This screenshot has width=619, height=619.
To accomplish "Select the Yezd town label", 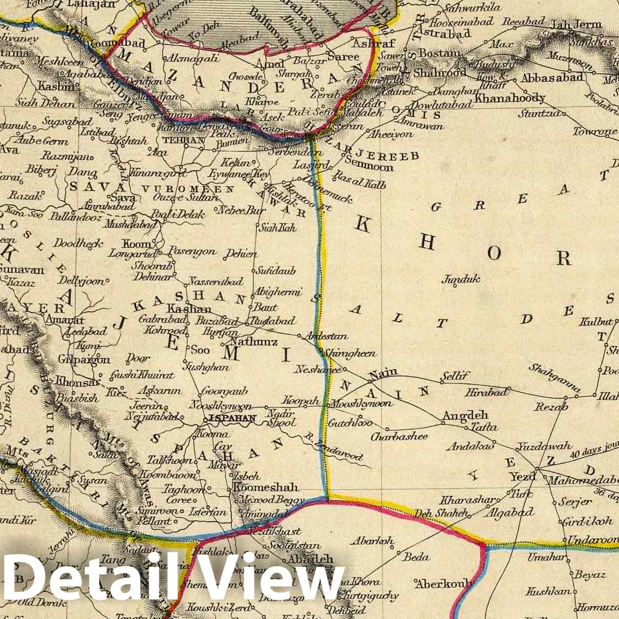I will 522,477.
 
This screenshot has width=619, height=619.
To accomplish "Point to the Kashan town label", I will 189,309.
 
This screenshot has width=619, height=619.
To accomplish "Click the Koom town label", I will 136,244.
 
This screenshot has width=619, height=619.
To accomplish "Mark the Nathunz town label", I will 254,341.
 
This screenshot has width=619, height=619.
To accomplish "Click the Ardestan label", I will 326,336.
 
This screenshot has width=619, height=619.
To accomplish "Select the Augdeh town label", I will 465,415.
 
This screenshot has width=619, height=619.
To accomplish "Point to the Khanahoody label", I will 510,98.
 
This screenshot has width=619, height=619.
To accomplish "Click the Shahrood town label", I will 439,73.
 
